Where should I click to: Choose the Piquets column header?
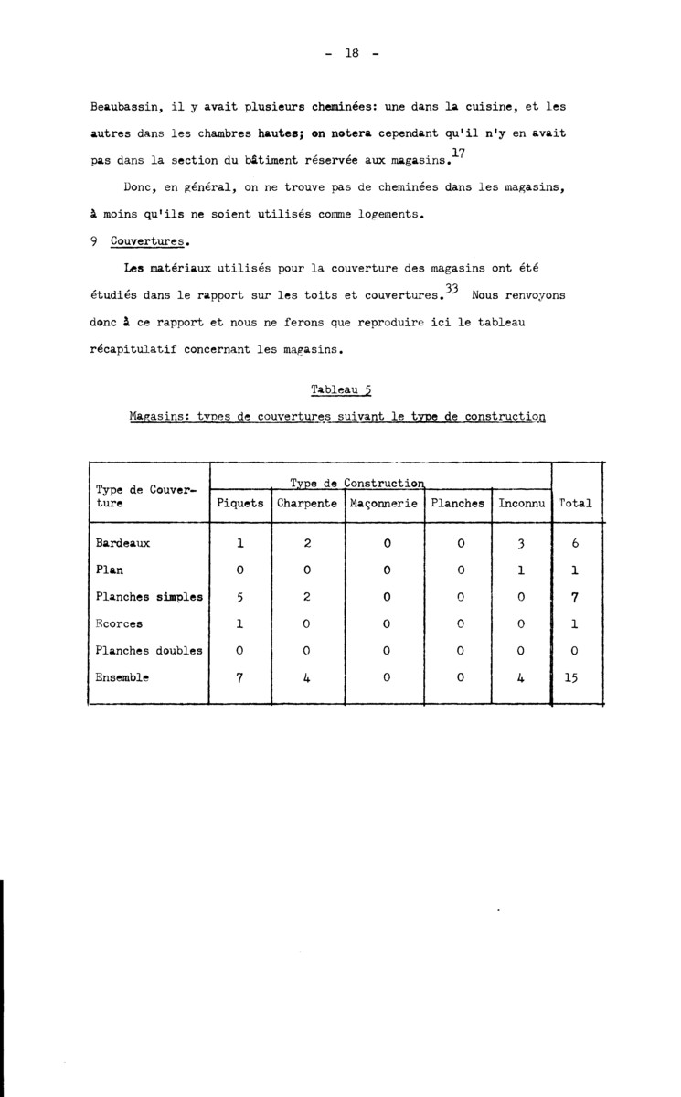[239, 503]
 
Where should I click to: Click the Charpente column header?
[306, 503]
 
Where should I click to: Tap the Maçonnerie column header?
[384, 503]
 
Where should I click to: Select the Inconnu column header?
[521, 503]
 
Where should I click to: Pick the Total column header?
[575, 503]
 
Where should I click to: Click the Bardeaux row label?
[122, 543]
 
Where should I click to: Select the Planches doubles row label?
[149, 651]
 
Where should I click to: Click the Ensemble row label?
[122, 678]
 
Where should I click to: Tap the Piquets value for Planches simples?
[239, 597]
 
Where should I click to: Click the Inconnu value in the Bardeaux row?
[518, 543]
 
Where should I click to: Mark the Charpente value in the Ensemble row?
[308, 678]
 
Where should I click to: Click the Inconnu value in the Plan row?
[518, 570]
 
